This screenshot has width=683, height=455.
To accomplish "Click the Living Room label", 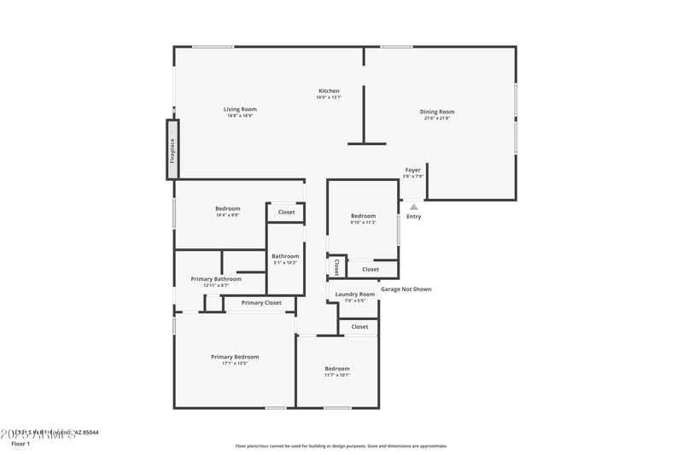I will pos(240,109).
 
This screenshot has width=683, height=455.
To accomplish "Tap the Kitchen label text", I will pos(329,90).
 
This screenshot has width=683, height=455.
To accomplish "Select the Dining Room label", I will pos(436,112).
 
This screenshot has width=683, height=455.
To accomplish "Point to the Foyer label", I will pos(412,170).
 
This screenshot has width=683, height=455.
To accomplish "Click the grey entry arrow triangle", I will pos(413,206).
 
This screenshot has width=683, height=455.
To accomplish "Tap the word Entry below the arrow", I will pos(413,217).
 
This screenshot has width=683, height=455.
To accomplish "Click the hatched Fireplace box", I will pos(172,149).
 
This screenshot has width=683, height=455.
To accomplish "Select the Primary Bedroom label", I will pos(235,357).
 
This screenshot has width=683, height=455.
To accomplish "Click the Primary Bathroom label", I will pos(216,278).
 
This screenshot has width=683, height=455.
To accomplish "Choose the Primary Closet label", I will pos(261,303).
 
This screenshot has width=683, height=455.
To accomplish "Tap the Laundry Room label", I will pos(354,294).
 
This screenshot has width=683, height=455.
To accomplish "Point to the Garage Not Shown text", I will pos(406,289).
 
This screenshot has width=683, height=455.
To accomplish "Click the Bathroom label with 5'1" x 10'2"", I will pos(285,256).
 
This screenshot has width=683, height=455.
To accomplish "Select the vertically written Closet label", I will pos(336,267).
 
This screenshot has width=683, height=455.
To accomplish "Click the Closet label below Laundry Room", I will pos(359,327).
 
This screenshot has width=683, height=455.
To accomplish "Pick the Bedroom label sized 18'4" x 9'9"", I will pos(227,208).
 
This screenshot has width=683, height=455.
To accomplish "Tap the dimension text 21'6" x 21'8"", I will pos(436,119).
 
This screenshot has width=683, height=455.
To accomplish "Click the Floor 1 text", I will pos(20,444).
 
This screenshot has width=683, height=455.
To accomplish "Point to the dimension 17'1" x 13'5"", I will pos(235,364).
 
